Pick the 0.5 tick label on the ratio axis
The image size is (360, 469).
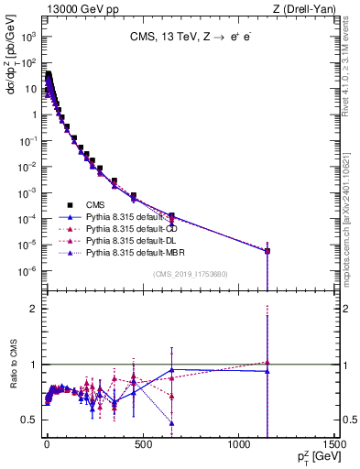click(x=30, y=420)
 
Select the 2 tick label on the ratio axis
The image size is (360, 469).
click(x=36, y=309)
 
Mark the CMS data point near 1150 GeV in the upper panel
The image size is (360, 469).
click(x=267, y=251)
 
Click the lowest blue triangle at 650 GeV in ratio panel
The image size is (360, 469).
click(x=171, y=422)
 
